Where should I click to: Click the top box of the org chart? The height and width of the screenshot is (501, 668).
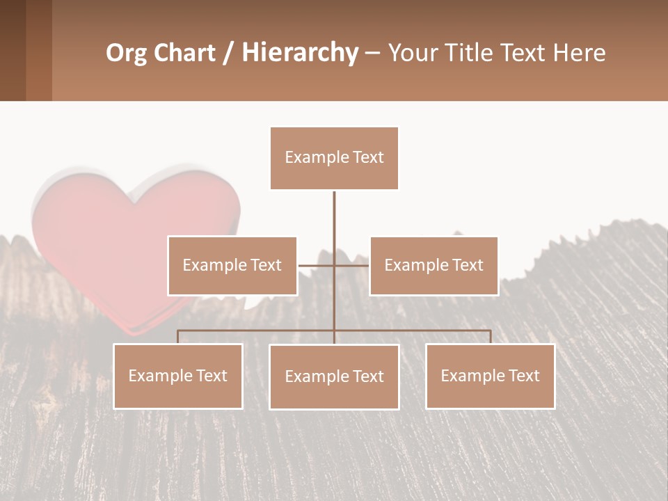pyautogui.click(x=334, y=158)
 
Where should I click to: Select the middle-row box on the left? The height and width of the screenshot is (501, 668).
pyautogui.click(x=232, y=265)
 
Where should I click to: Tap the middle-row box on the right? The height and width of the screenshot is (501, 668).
pyautogui.click(x=434, y=265)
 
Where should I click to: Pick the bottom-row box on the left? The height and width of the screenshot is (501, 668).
pyautogui.click(x=178, y=376)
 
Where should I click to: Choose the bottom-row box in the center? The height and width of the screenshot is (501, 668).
pyautogui.click(x=334, y=376)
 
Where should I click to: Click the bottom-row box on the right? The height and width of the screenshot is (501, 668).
pyautogui.click(x=490, y=376)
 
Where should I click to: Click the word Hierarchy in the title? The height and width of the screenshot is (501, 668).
pyautogui.click(x=300, y=53)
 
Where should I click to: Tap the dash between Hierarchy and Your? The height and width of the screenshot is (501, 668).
pyautogui.click(x=372, y=53)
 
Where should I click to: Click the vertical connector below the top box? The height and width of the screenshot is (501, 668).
pyautogui.click(x=334, y=223)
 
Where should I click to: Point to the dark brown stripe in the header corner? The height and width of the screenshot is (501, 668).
pyautogui.click(x=13, y=50)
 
